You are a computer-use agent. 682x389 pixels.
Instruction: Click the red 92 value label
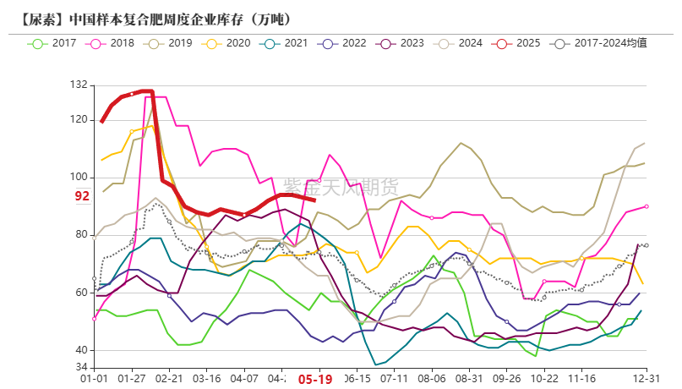[82, 196]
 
